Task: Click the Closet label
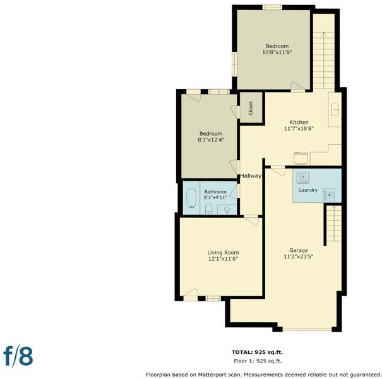coord(251,108)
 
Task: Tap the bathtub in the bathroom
coord(191,198)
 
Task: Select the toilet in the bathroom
coord(209,209)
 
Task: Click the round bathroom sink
coord(227,210)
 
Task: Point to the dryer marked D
coord(303,177)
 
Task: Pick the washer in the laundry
coord(329,195)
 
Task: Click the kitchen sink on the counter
coord(335,109)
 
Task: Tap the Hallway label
coord(251,176)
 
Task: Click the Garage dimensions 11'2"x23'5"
coord(299,256)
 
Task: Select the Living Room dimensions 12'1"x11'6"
coord(223,259)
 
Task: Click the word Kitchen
coord(299,122)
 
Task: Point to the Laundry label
coord(308,190)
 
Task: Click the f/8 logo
coord(18,356)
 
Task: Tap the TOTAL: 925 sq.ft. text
coord(257,352)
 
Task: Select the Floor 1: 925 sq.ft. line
coord(258,361)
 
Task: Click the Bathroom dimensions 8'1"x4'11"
coord(215,198)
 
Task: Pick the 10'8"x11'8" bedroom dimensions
coord(277,52)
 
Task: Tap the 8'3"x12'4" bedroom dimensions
coord(211,140)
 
